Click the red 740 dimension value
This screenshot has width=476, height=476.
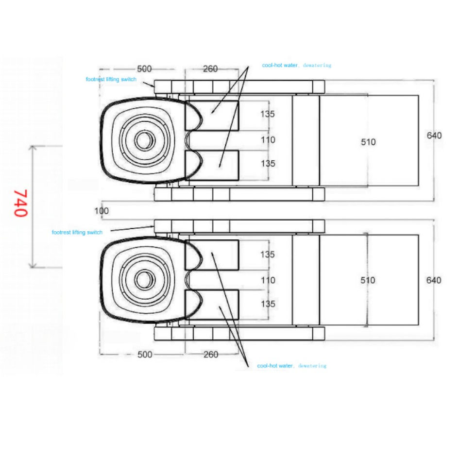(x=20, y=203)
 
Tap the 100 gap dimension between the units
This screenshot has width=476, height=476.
(x=102, y=211)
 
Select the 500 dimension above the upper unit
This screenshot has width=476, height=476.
(x=144, y=69)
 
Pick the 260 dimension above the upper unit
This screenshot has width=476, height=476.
(x=210, y=69)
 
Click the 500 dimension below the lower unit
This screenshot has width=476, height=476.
(x=145, y=355)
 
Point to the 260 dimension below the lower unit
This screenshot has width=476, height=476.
(x=211, y=355)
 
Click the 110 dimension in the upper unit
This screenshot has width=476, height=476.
(x=268, y=140)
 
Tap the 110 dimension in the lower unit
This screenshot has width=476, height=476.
(x=268, y=280)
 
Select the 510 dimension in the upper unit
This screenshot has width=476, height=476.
(x=368, y=142)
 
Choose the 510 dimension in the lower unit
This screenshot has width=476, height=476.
(x=368, y=280)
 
